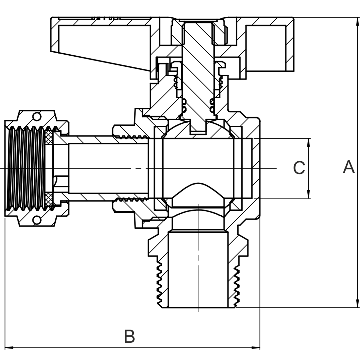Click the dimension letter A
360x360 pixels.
point(349,167)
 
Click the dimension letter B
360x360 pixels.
point(130,336)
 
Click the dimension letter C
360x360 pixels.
point(299,168)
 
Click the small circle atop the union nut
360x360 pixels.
point(37,117)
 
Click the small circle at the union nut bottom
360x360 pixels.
point(37,220)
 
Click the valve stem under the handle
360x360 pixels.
point(198,72)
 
